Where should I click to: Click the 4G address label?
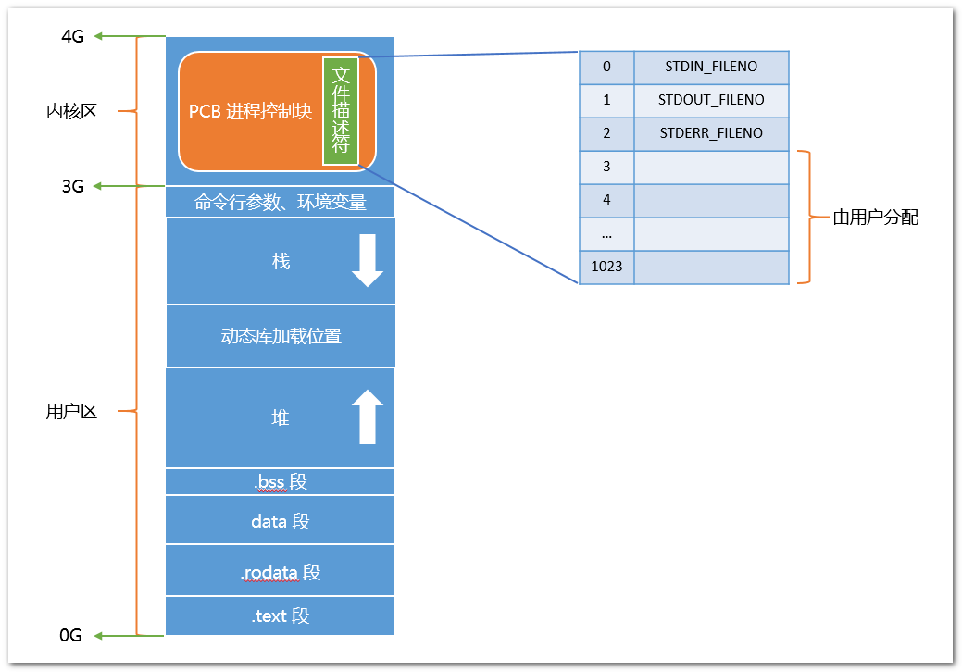pos(72,36)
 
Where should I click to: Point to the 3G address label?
pos(72,186)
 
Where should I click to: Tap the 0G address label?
pos(70,635)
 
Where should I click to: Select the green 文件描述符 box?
pos(341,111)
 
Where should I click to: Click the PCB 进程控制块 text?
pos(250,111)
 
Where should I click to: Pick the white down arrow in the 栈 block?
pos(368,260)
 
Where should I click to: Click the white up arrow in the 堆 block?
pos(368,417)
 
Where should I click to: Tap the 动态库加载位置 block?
pos(281,336)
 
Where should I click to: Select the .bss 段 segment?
pos(281,482)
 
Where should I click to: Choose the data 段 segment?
pos(281,520)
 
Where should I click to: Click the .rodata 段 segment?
pos(281,571)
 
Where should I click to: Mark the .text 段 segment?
pos(281,616)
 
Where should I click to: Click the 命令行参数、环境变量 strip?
pos(281,202)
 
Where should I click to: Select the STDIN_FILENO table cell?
pos(711,67)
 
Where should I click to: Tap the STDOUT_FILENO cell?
pos(711,100)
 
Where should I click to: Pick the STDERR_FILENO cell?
pos(711,133)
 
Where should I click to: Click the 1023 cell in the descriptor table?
pos(606,267)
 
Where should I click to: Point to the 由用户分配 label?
pos(876,217)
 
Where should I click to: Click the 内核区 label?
pos(72,111)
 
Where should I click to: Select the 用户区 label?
pos(72,411)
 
